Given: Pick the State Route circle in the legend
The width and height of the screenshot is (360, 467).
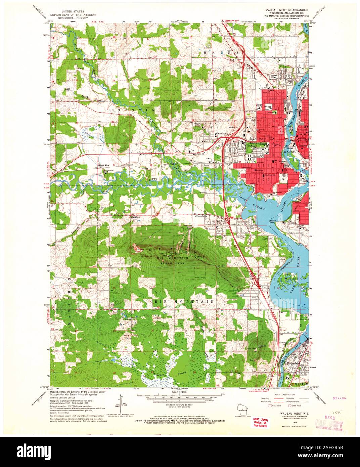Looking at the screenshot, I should pyautogui.click(x=291, y=406).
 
